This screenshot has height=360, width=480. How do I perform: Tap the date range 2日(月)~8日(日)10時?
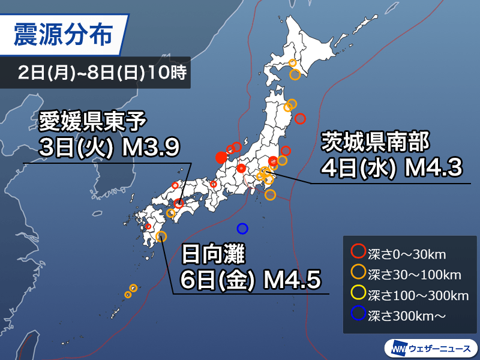[103, 74]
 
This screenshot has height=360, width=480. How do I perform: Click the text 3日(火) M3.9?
[108, 147]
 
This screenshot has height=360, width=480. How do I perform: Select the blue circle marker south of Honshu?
[242, 228]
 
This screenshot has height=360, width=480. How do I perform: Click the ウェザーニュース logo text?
[440, 347]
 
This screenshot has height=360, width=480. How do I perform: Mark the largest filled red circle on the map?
[221, 158]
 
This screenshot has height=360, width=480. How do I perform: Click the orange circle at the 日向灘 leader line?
[161, 236]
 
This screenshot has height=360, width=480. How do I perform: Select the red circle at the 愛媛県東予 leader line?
[179, 203]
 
